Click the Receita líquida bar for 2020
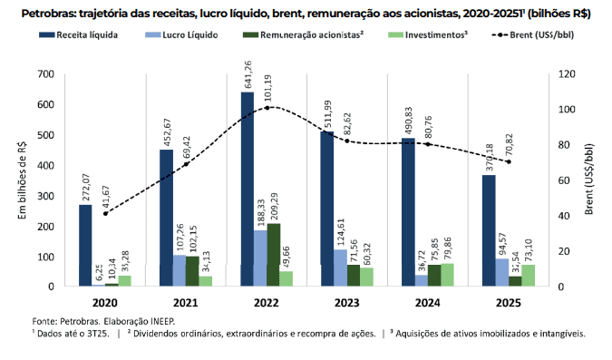tap(85, 245)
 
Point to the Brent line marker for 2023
tap(345, 141)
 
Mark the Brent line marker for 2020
tap(105, 213)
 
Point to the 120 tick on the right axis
tap(567, 73)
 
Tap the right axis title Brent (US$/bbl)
tap(597, 180)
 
